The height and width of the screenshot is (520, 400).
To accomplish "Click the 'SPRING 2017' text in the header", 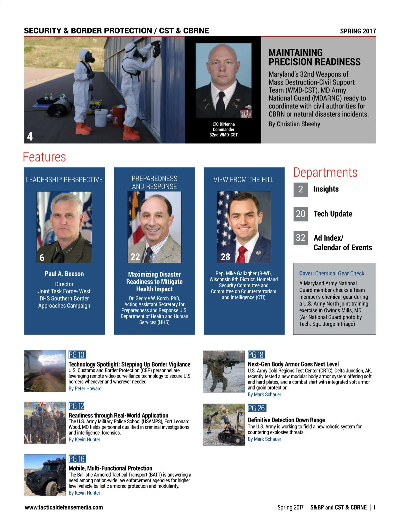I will click(358, 31).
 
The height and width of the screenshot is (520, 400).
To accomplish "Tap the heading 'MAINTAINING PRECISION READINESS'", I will click(314, 57).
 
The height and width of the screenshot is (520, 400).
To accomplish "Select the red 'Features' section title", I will click(44, 157).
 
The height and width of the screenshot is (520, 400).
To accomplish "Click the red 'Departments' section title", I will click(325, 172).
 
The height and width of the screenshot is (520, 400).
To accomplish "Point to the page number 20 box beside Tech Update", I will click(300, 214).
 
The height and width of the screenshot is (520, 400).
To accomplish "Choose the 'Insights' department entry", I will click(326, 189).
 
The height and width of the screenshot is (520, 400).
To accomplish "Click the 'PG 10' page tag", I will click(77, 354).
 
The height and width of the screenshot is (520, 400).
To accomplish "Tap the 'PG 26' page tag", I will click(256, 408).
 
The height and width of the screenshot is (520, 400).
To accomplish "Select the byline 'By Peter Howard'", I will click(85, 388).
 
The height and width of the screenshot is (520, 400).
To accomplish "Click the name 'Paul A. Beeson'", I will click(64, 274).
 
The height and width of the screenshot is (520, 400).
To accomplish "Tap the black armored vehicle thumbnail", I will click(45, 475).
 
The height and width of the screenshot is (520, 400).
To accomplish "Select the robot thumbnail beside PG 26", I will click(224, 425).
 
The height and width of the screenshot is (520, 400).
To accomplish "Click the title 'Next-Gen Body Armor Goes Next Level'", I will click(293, 364).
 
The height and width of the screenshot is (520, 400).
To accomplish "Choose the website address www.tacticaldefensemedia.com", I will click(64, 507).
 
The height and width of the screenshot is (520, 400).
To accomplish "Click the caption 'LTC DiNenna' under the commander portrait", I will click(223, 124).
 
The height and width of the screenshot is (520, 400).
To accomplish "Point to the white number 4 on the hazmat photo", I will click(30, 136).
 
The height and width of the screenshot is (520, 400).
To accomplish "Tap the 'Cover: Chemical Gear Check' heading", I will click(332, 273).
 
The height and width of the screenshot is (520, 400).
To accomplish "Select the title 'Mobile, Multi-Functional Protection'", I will click(110, 468).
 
